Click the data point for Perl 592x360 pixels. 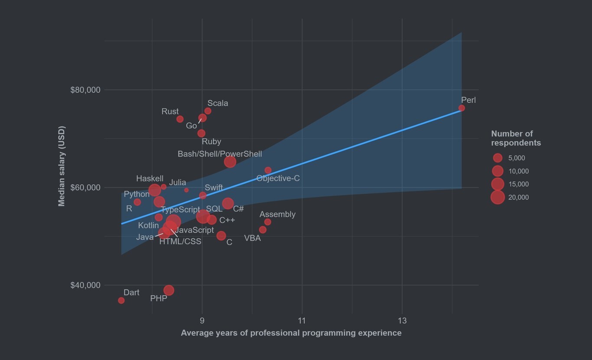point(462,108)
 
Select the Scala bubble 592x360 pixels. point(208,111)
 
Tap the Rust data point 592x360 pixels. point(180,119)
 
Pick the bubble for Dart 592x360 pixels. point(121,301)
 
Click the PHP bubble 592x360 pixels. point(169,290)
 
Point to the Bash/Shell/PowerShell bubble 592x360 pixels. point(230,162)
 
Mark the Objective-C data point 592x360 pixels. point(268,170)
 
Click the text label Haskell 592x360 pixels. point(150,178)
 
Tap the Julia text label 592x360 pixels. point(178,182)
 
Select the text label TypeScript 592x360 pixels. point(180,210)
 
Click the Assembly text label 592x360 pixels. point(277,214)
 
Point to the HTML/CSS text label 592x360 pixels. point(180,242)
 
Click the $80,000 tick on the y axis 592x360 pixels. point(85,90)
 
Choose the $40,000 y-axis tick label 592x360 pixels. point(85,285)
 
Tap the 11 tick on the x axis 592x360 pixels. point(302,321)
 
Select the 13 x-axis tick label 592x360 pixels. point(402,321)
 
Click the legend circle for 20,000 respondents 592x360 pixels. point(498,198)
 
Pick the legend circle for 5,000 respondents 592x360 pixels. point(498,158)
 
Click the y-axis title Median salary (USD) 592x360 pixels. point(62,166)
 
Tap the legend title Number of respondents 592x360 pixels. point(516,138)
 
